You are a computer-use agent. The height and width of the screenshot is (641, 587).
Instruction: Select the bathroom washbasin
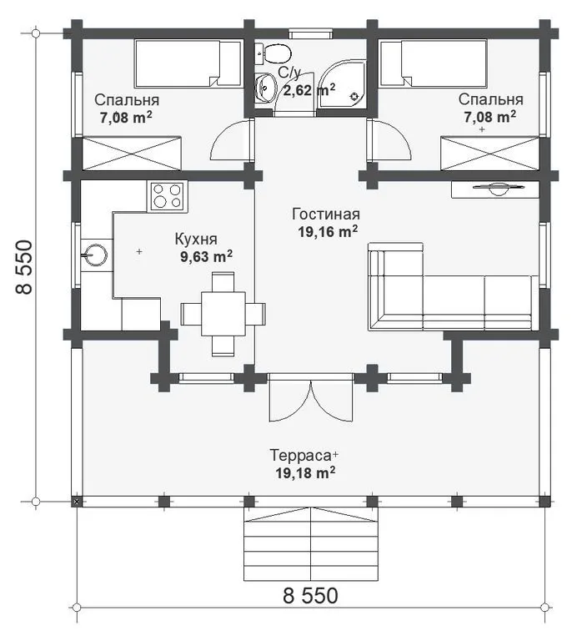(x=264, y=87)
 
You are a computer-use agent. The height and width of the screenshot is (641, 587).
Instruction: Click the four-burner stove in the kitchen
(x=167, y=196)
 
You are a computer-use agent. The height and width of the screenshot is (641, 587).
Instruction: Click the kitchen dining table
(x=223, y=314)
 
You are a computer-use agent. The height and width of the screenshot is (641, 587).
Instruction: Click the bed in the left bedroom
(x=188, y=63)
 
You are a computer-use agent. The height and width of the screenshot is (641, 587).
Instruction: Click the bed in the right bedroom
(x=434, y=63)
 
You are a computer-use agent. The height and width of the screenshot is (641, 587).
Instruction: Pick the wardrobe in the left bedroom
(x=132, y=154)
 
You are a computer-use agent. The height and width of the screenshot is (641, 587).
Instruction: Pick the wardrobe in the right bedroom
(x=489, y=154)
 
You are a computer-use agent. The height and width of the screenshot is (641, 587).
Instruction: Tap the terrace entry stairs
(x=311, y=544)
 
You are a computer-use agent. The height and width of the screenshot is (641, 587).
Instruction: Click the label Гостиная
(x=326, y=214)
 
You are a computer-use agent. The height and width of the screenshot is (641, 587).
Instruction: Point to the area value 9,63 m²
(x=206, y=257)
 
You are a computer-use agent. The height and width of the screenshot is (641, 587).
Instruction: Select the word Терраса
(x=300, y=455)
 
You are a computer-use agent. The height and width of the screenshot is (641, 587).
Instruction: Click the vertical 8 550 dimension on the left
(x=24, y=266)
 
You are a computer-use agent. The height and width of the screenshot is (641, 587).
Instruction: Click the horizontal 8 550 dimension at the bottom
(x=310, y=596)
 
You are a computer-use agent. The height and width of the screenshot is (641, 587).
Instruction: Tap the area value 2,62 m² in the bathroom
(x=309, y=89)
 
